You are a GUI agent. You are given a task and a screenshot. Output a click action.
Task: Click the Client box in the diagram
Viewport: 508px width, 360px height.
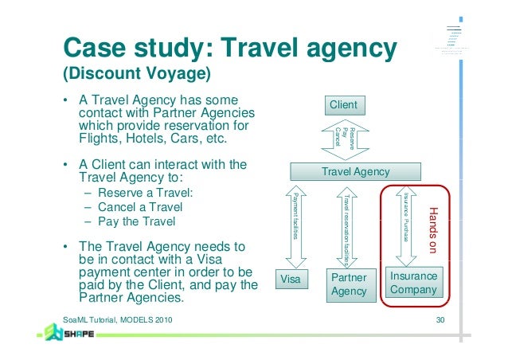point(343,105)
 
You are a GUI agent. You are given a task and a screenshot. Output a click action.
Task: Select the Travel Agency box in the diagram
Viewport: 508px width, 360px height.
point(354,171)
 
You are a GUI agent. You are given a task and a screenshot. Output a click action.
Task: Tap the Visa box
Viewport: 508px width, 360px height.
point(291,280)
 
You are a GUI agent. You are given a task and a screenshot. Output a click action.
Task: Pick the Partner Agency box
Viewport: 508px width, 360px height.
point(348,284)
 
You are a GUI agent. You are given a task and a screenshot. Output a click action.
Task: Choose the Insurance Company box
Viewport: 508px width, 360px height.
point(412,283)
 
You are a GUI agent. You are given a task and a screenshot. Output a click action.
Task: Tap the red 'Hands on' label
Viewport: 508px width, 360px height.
point(433,230)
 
